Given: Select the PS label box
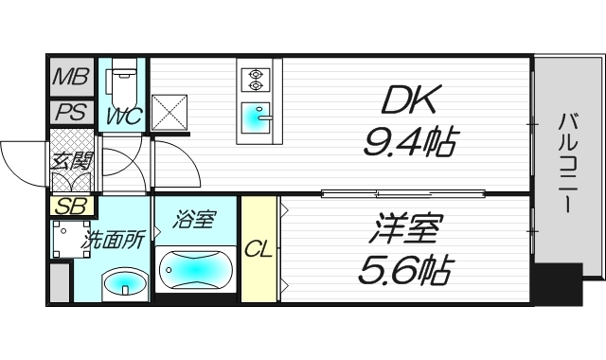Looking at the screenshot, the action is click(x=70, y=113).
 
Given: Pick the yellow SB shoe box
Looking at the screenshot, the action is click(x=69, y=206).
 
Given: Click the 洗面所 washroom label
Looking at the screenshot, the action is click(x=116, y=239).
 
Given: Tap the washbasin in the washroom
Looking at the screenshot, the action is click(x=124, y=281).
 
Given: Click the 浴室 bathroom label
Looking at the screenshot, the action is click(x=195, y=221).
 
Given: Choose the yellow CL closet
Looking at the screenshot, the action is click(x=258, y=249).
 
